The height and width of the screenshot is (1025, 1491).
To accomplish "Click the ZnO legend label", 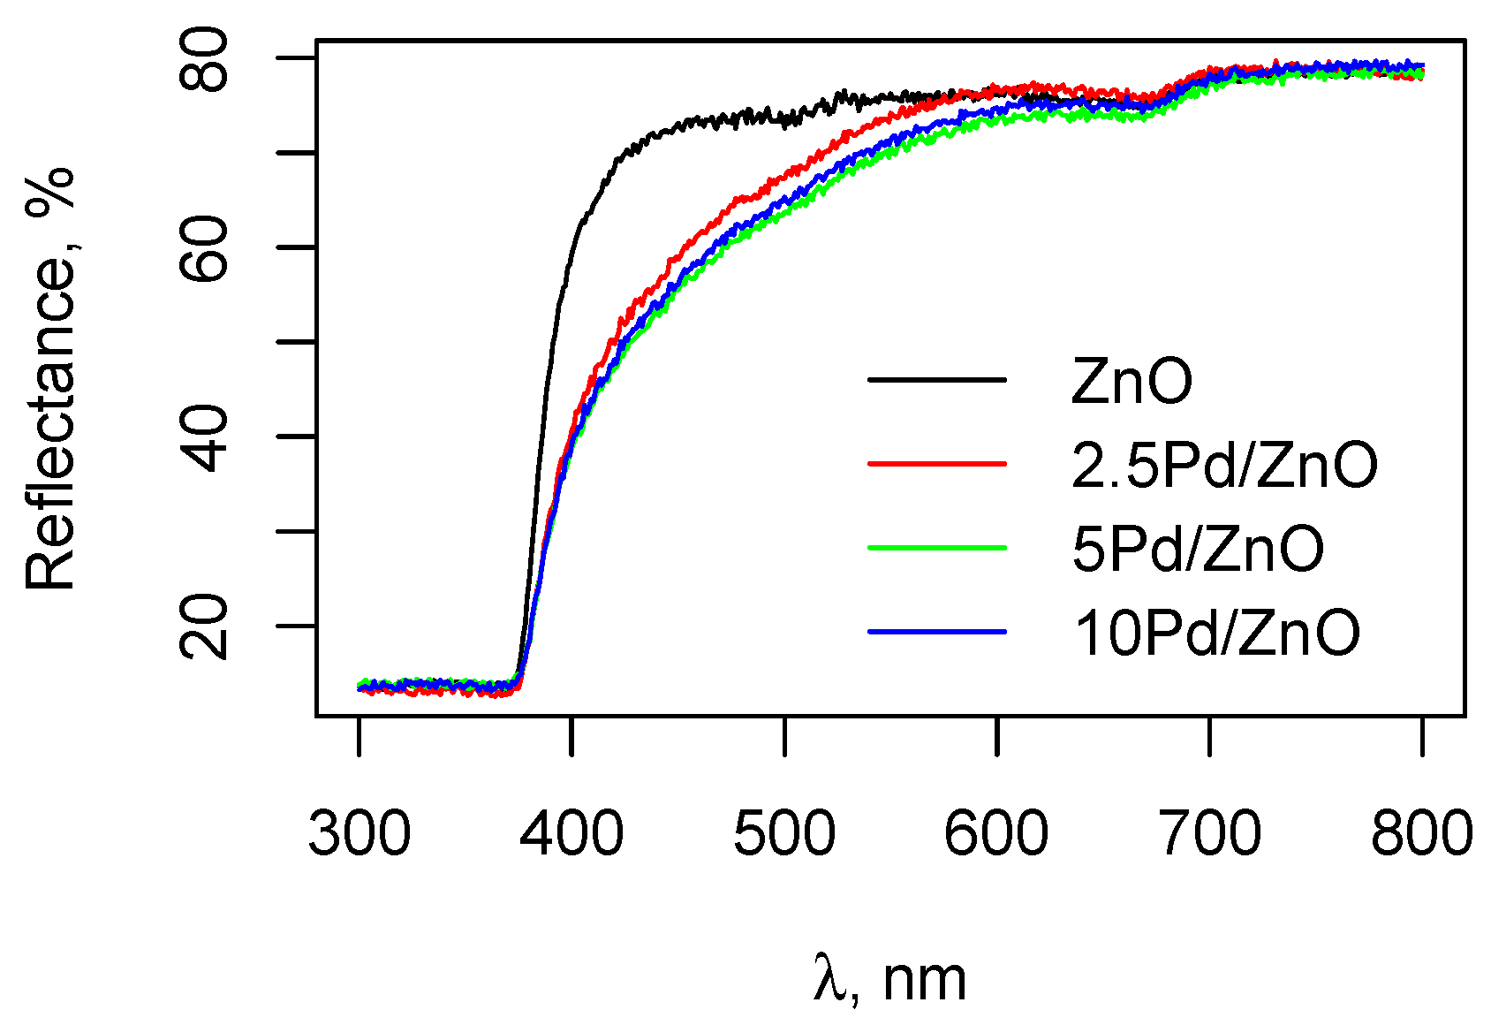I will (1131, 382).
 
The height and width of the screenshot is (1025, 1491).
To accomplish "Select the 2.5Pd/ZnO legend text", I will (1224, 465).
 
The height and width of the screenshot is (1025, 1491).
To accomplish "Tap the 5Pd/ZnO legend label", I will (1198, 549).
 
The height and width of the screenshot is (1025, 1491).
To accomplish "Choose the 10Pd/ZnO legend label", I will (1217, 633).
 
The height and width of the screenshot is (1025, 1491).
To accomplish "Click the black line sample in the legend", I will (937, 380).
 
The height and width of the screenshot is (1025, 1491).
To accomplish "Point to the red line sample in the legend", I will (937, 463).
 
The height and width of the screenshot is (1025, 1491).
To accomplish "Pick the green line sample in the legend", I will (937, 548).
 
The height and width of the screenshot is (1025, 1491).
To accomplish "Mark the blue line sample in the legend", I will (937, 632).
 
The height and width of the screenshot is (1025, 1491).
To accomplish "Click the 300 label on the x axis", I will (360, 833).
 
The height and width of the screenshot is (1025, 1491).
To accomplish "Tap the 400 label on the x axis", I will (571, 833).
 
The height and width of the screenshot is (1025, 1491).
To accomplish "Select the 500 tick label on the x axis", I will (784, 833).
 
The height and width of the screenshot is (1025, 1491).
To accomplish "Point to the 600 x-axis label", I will (996, 833).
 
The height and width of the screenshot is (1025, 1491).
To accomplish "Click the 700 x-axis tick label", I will (1209, 833).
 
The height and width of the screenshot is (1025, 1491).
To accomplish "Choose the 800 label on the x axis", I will (1421, 833).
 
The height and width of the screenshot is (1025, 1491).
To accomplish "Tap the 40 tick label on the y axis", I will (204, 437).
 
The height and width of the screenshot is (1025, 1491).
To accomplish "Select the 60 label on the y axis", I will (204, 247).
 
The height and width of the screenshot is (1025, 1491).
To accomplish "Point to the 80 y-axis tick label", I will (204, 60).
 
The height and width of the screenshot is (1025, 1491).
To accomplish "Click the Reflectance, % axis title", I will (50, 378).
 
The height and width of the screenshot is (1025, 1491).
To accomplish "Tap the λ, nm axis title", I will (890, 979).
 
